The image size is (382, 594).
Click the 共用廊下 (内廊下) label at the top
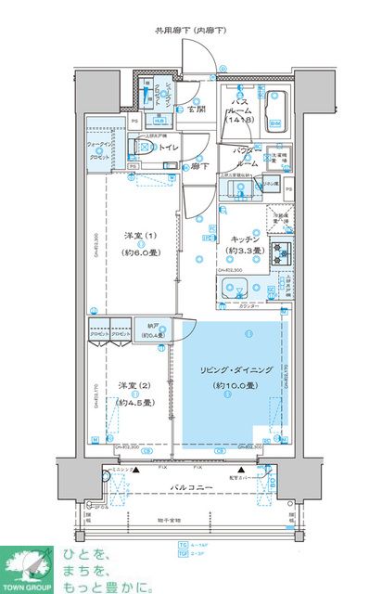pyautogui.click(x=192, y=32)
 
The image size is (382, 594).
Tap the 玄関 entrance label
pyautogui.click(x=196, y=110)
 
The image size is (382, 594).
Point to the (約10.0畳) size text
pyautogui.click(x=234, y=385)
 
